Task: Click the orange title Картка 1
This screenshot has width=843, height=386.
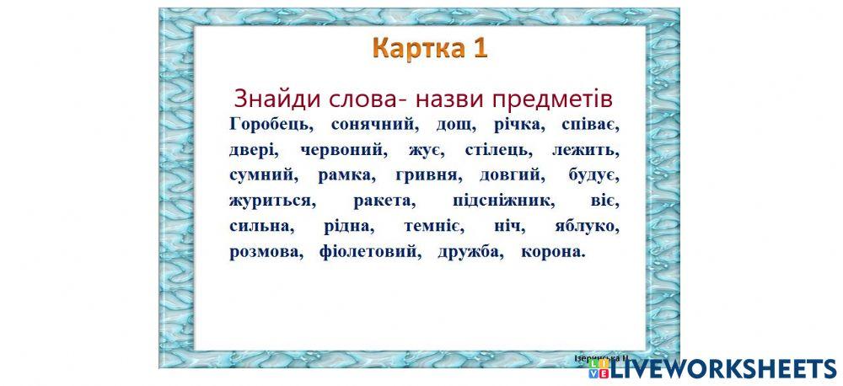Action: (431, 48)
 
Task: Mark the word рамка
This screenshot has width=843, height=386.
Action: (341, 176)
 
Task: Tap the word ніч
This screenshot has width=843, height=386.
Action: (510, 228)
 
